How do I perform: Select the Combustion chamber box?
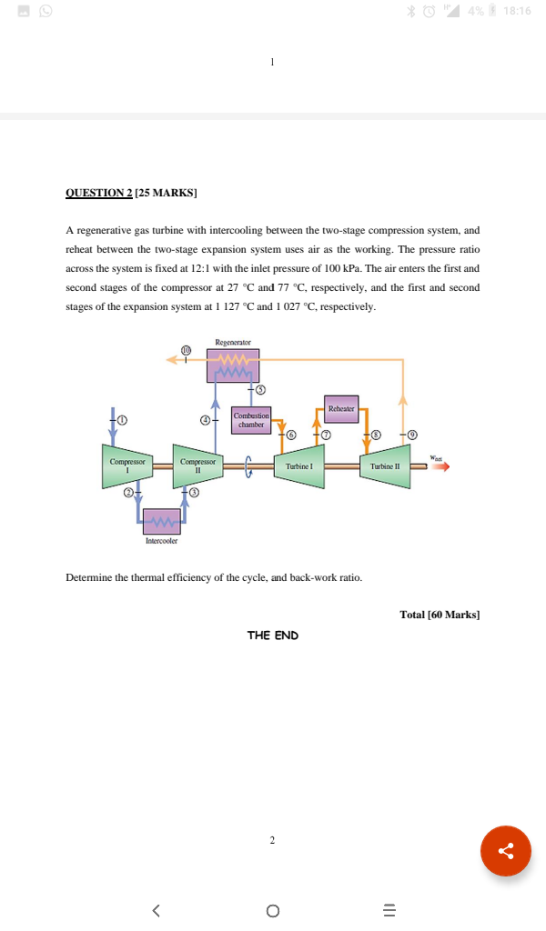(x=250, y=419)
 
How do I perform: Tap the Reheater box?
(x=341, y=409)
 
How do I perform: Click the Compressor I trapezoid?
(x=127, y=465)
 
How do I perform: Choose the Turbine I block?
(x=299, y=465)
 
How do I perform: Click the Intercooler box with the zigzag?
(x=161, y=520)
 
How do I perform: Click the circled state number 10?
(x=187, y=349)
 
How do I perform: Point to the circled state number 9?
(x=412, y=435)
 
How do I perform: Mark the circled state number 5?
(x=259, y=390)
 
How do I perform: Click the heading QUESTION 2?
(x=99, y=193)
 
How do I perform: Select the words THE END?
(x=272, y=635)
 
